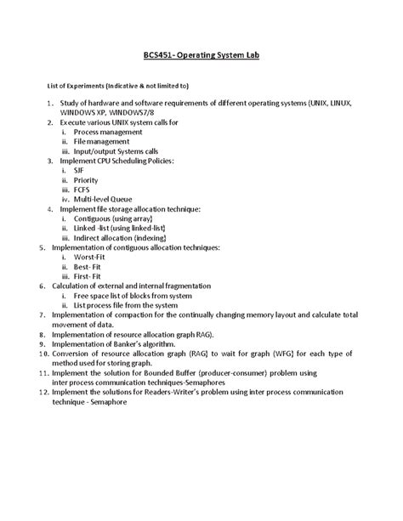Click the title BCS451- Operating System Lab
point(201,55)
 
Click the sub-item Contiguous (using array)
point(113,218)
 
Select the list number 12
point(43,392)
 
